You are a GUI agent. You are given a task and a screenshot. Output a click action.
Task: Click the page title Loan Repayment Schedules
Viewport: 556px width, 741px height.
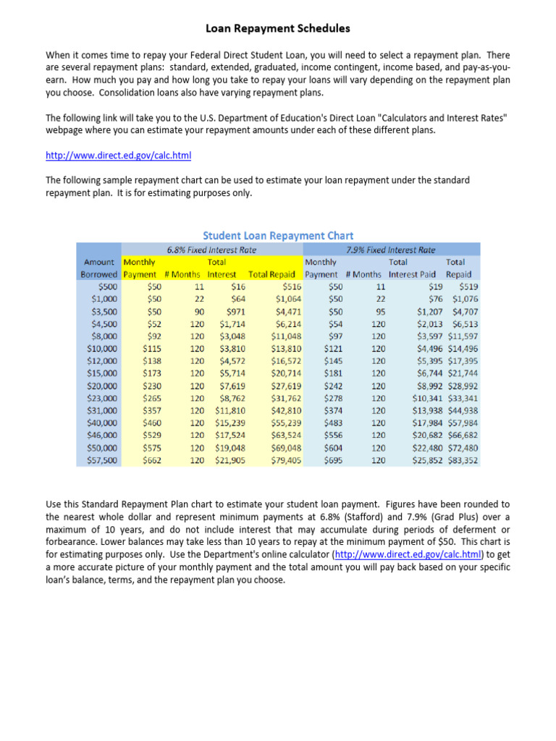click(x=277, y=29)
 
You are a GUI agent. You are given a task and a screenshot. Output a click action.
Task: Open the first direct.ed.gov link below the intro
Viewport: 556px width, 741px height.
click(x=118, y=155)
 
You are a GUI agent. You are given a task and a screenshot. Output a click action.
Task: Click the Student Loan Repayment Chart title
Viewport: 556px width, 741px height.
click(x=278, y=235)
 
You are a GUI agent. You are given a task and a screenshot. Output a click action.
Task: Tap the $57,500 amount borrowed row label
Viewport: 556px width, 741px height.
click(x=101, y=460)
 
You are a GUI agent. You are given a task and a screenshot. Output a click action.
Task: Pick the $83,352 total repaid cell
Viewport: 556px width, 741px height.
click(x=462, y=460)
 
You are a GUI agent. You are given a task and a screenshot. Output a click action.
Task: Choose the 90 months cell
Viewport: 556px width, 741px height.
click(x=189, y=312)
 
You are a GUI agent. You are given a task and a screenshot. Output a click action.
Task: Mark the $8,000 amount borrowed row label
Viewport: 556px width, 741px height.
click(x=101, y=336)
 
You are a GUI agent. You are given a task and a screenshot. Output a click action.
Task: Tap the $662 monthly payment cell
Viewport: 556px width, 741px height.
click(x=152, y=460)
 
